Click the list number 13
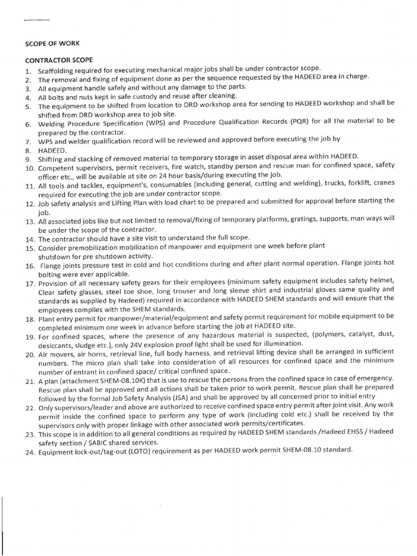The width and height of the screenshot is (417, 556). [x=29, y=222]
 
